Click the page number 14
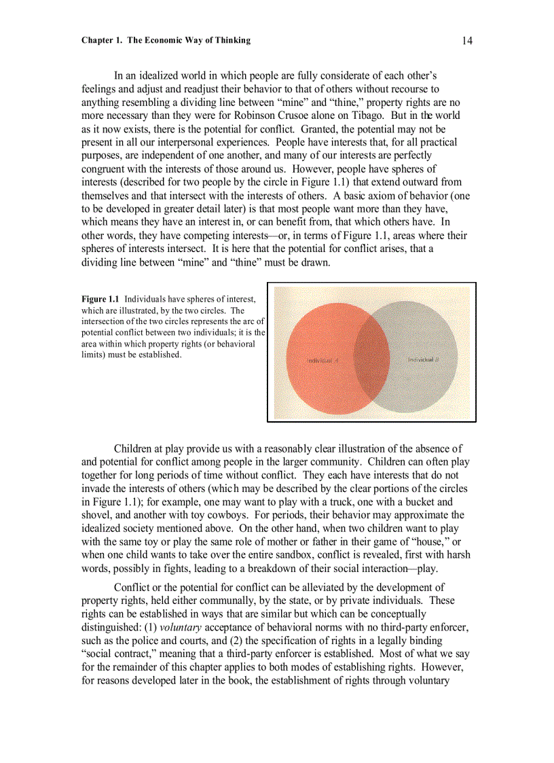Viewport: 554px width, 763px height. pos(467,41)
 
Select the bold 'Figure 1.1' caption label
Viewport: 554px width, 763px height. pos(100,299)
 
